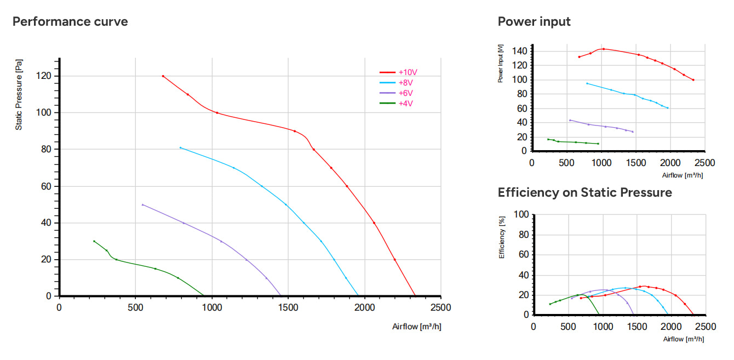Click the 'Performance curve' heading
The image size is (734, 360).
click(70, 21)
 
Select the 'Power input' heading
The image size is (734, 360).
click(534, 21)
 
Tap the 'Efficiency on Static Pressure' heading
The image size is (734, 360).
click(585, 192)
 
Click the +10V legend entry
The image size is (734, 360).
click(398, 72)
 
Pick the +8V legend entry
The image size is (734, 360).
click(396, 83)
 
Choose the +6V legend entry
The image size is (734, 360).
click(396, 93)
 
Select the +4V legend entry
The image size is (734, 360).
click(396, 104)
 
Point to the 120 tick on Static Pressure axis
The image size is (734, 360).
click(44, 76)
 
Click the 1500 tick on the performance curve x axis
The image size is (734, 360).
click(288, 307)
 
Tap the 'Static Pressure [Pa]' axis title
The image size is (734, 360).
click(19, 95)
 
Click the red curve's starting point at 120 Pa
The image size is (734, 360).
click(163, 76)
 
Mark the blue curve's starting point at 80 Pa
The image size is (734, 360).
click(180, 148)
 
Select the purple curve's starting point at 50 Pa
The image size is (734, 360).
click(142, 204)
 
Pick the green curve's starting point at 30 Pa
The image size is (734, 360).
click(94, 241)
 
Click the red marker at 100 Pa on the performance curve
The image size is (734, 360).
click(217, 113)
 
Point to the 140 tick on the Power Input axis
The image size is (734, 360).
click(519, 51)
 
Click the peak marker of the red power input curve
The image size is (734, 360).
click(604, 49)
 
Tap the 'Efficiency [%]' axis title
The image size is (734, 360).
click(502, 237)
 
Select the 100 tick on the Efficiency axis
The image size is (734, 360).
click(521, 214)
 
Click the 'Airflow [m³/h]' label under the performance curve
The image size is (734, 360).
click(417, 327)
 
